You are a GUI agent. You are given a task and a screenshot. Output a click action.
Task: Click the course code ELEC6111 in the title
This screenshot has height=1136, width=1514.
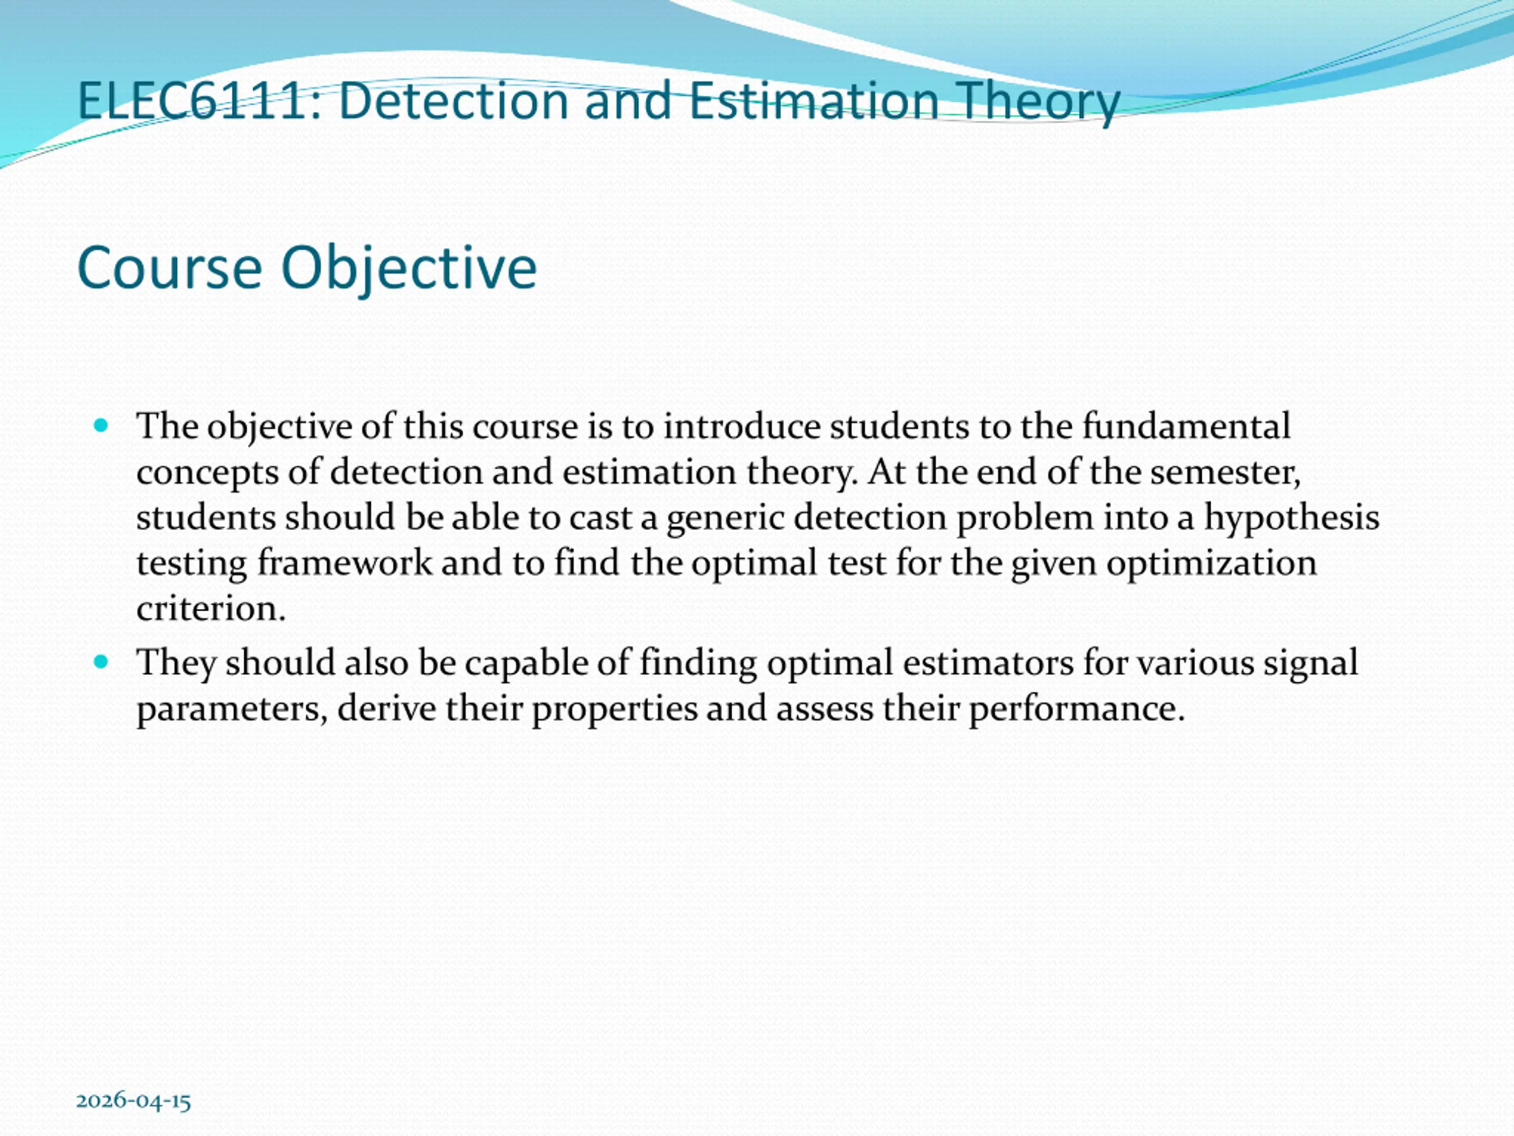pos(191,101)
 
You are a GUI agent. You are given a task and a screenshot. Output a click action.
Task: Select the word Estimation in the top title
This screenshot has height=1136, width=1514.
pos(814,101)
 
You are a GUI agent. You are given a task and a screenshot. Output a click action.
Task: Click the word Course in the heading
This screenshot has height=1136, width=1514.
pos(170,268)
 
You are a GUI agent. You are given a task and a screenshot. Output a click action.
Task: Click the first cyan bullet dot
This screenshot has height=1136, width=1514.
pos(101,426)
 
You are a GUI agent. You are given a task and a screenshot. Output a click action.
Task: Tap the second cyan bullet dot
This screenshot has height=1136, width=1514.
pos(101,662)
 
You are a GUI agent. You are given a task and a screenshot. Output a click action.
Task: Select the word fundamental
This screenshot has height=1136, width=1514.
pos(1186,426)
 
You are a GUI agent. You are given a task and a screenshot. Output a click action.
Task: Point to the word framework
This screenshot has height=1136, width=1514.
pos(344,563)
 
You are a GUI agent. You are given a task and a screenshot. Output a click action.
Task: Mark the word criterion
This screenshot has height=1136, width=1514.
pos(210,608)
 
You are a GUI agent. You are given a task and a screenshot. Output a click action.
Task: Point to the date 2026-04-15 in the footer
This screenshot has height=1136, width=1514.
pos(134,1100)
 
